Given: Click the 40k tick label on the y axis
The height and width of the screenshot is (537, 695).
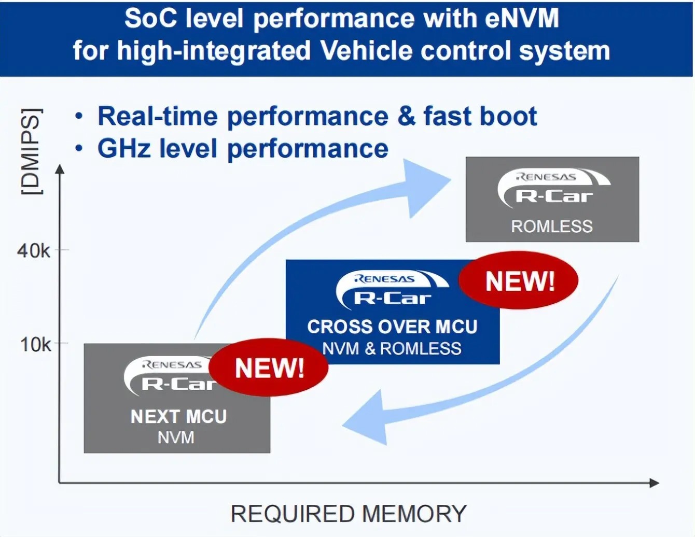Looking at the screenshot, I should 33,251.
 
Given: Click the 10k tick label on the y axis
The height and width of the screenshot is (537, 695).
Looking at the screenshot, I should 35,344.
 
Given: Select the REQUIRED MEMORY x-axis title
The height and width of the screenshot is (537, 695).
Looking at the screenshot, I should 349,514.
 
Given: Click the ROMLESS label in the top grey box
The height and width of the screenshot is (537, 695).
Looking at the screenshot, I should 552,227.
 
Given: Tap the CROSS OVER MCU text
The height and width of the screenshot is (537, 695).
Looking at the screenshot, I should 392,327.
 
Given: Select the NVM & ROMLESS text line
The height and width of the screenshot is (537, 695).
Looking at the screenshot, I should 392,348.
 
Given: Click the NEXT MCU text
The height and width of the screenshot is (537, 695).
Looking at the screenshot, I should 178,416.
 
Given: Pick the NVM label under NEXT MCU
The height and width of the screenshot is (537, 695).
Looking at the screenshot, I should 176,437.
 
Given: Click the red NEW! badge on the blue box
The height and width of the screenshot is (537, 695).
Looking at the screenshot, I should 519,281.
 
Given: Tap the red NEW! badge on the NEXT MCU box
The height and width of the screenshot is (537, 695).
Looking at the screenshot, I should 269,368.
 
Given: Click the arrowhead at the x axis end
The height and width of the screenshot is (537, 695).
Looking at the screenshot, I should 655,483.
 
